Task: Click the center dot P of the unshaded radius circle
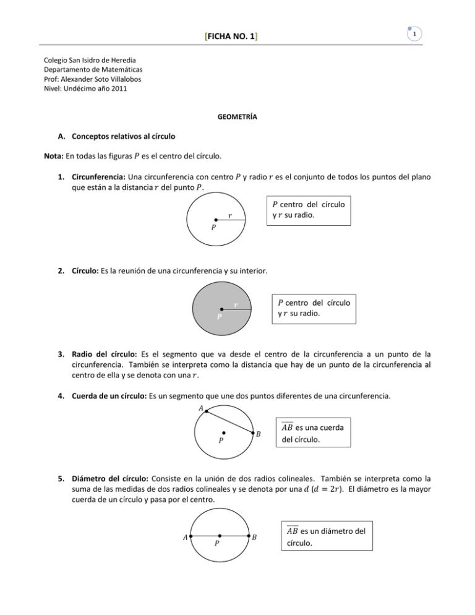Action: [215, 219]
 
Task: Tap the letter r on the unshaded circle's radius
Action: [230, 216]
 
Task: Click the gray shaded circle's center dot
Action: [221, 309]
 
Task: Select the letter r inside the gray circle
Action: [236, 305]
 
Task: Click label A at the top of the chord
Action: [201, 408]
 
